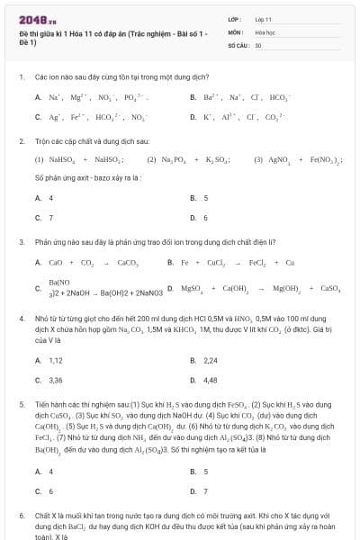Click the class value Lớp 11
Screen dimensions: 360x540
pyautogui.click(x=263, y=18)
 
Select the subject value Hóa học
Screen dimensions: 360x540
pyautogui.click(x=265, y=31)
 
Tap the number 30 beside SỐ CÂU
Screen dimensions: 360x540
pyautogui.click(x=258, y=44)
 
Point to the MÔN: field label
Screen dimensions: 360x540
pyautogui.click(x=236, y=31)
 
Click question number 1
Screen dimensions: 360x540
pyautogui.click(x=21, y=77)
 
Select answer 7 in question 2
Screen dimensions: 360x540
pyautogui.click(x=50, y=217)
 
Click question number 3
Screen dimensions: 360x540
pyautogui.click(x=21, y=241)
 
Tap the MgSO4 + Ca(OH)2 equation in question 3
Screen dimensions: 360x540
pyautogui.click(x=261, y=289)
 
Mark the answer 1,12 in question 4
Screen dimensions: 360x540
pyautogui.click(x=55, y=360)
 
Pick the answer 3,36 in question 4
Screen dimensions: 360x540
pyautogui.click(x=55, y=380)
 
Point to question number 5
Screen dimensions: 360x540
pyautogui.click(x=21, y=405)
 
